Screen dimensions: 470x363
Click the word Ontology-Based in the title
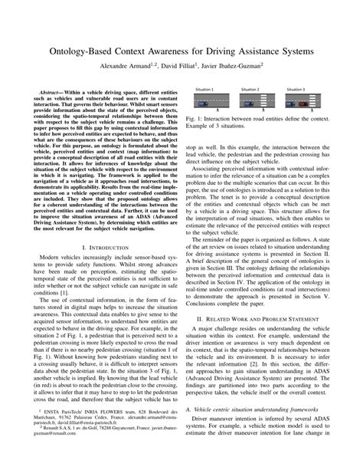(80, 51)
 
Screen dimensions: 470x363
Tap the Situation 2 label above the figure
(249, 90)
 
